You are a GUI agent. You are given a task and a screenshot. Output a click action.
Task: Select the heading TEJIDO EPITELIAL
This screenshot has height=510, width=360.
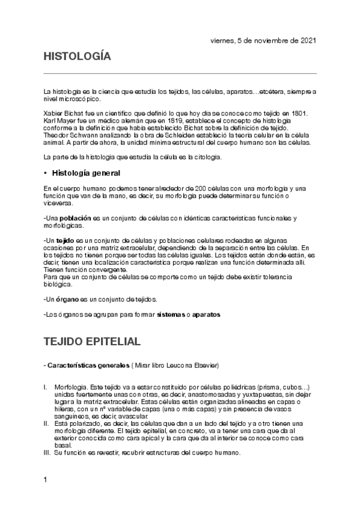point(92,342)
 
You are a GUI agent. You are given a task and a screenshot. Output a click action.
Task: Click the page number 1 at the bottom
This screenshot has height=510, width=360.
point(46,480)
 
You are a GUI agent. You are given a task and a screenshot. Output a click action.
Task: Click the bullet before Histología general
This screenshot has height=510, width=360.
point(46,173)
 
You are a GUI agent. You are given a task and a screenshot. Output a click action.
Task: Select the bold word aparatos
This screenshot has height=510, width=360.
point(207,315)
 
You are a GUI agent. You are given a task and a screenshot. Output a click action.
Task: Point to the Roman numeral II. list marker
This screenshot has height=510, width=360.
point(46,423)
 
